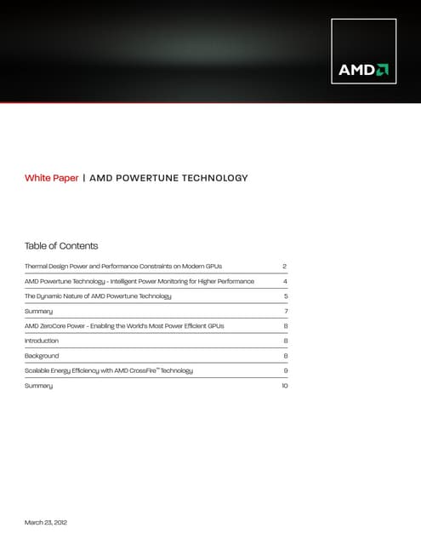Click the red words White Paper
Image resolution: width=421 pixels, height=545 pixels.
[x=51, y=178]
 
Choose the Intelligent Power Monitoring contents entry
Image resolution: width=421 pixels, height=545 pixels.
[x=139, y=281]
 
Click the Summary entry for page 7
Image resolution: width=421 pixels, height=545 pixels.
[x=39, y=311]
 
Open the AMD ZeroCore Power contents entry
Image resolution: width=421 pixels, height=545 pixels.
[x=134, y=326]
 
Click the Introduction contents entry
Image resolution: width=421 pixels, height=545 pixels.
[x=43, y=341]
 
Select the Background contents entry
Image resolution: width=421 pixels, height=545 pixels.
[x=42, y=356]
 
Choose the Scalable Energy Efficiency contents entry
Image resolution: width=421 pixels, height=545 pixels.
[x=109, y=370]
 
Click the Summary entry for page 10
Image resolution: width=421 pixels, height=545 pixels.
[x=39, y=386]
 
